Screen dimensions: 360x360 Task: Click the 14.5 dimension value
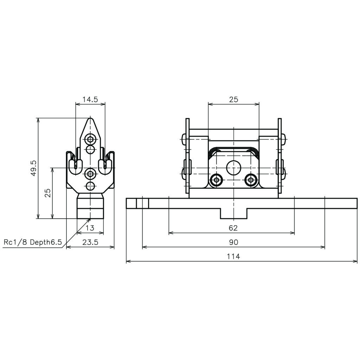[90, 99]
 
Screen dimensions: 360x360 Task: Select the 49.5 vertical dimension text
[33, 168]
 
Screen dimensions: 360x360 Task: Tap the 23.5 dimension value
[90, 242]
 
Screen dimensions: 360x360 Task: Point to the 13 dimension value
[90, 228]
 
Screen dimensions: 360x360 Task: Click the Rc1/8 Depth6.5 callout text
[33, 242]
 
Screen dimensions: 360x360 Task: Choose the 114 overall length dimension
[233, 256]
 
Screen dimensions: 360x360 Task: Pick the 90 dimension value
[233, 242]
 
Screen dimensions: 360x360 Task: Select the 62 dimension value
[233, 228]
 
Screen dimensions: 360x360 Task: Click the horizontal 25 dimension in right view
[234, 99]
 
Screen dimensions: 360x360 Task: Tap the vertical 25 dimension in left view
[48, 193]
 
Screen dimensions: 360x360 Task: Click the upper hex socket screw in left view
[90, 139]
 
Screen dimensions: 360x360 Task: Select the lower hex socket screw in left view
[90, 174]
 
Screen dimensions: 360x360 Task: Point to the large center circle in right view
[233, 168]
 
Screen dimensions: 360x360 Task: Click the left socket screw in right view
[216, 180]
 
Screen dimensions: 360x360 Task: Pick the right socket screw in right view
[251, 180]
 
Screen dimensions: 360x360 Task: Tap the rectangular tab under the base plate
[233, 213]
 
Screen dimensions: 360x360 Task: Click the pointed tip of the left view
[90, 118]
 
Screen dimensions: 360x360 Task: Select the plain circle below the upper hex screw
[90, 149]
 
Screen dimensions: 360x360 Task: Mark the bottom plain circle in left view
[90, 186]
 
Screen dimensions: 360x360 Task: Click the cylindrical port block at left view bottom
[90, 206]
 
